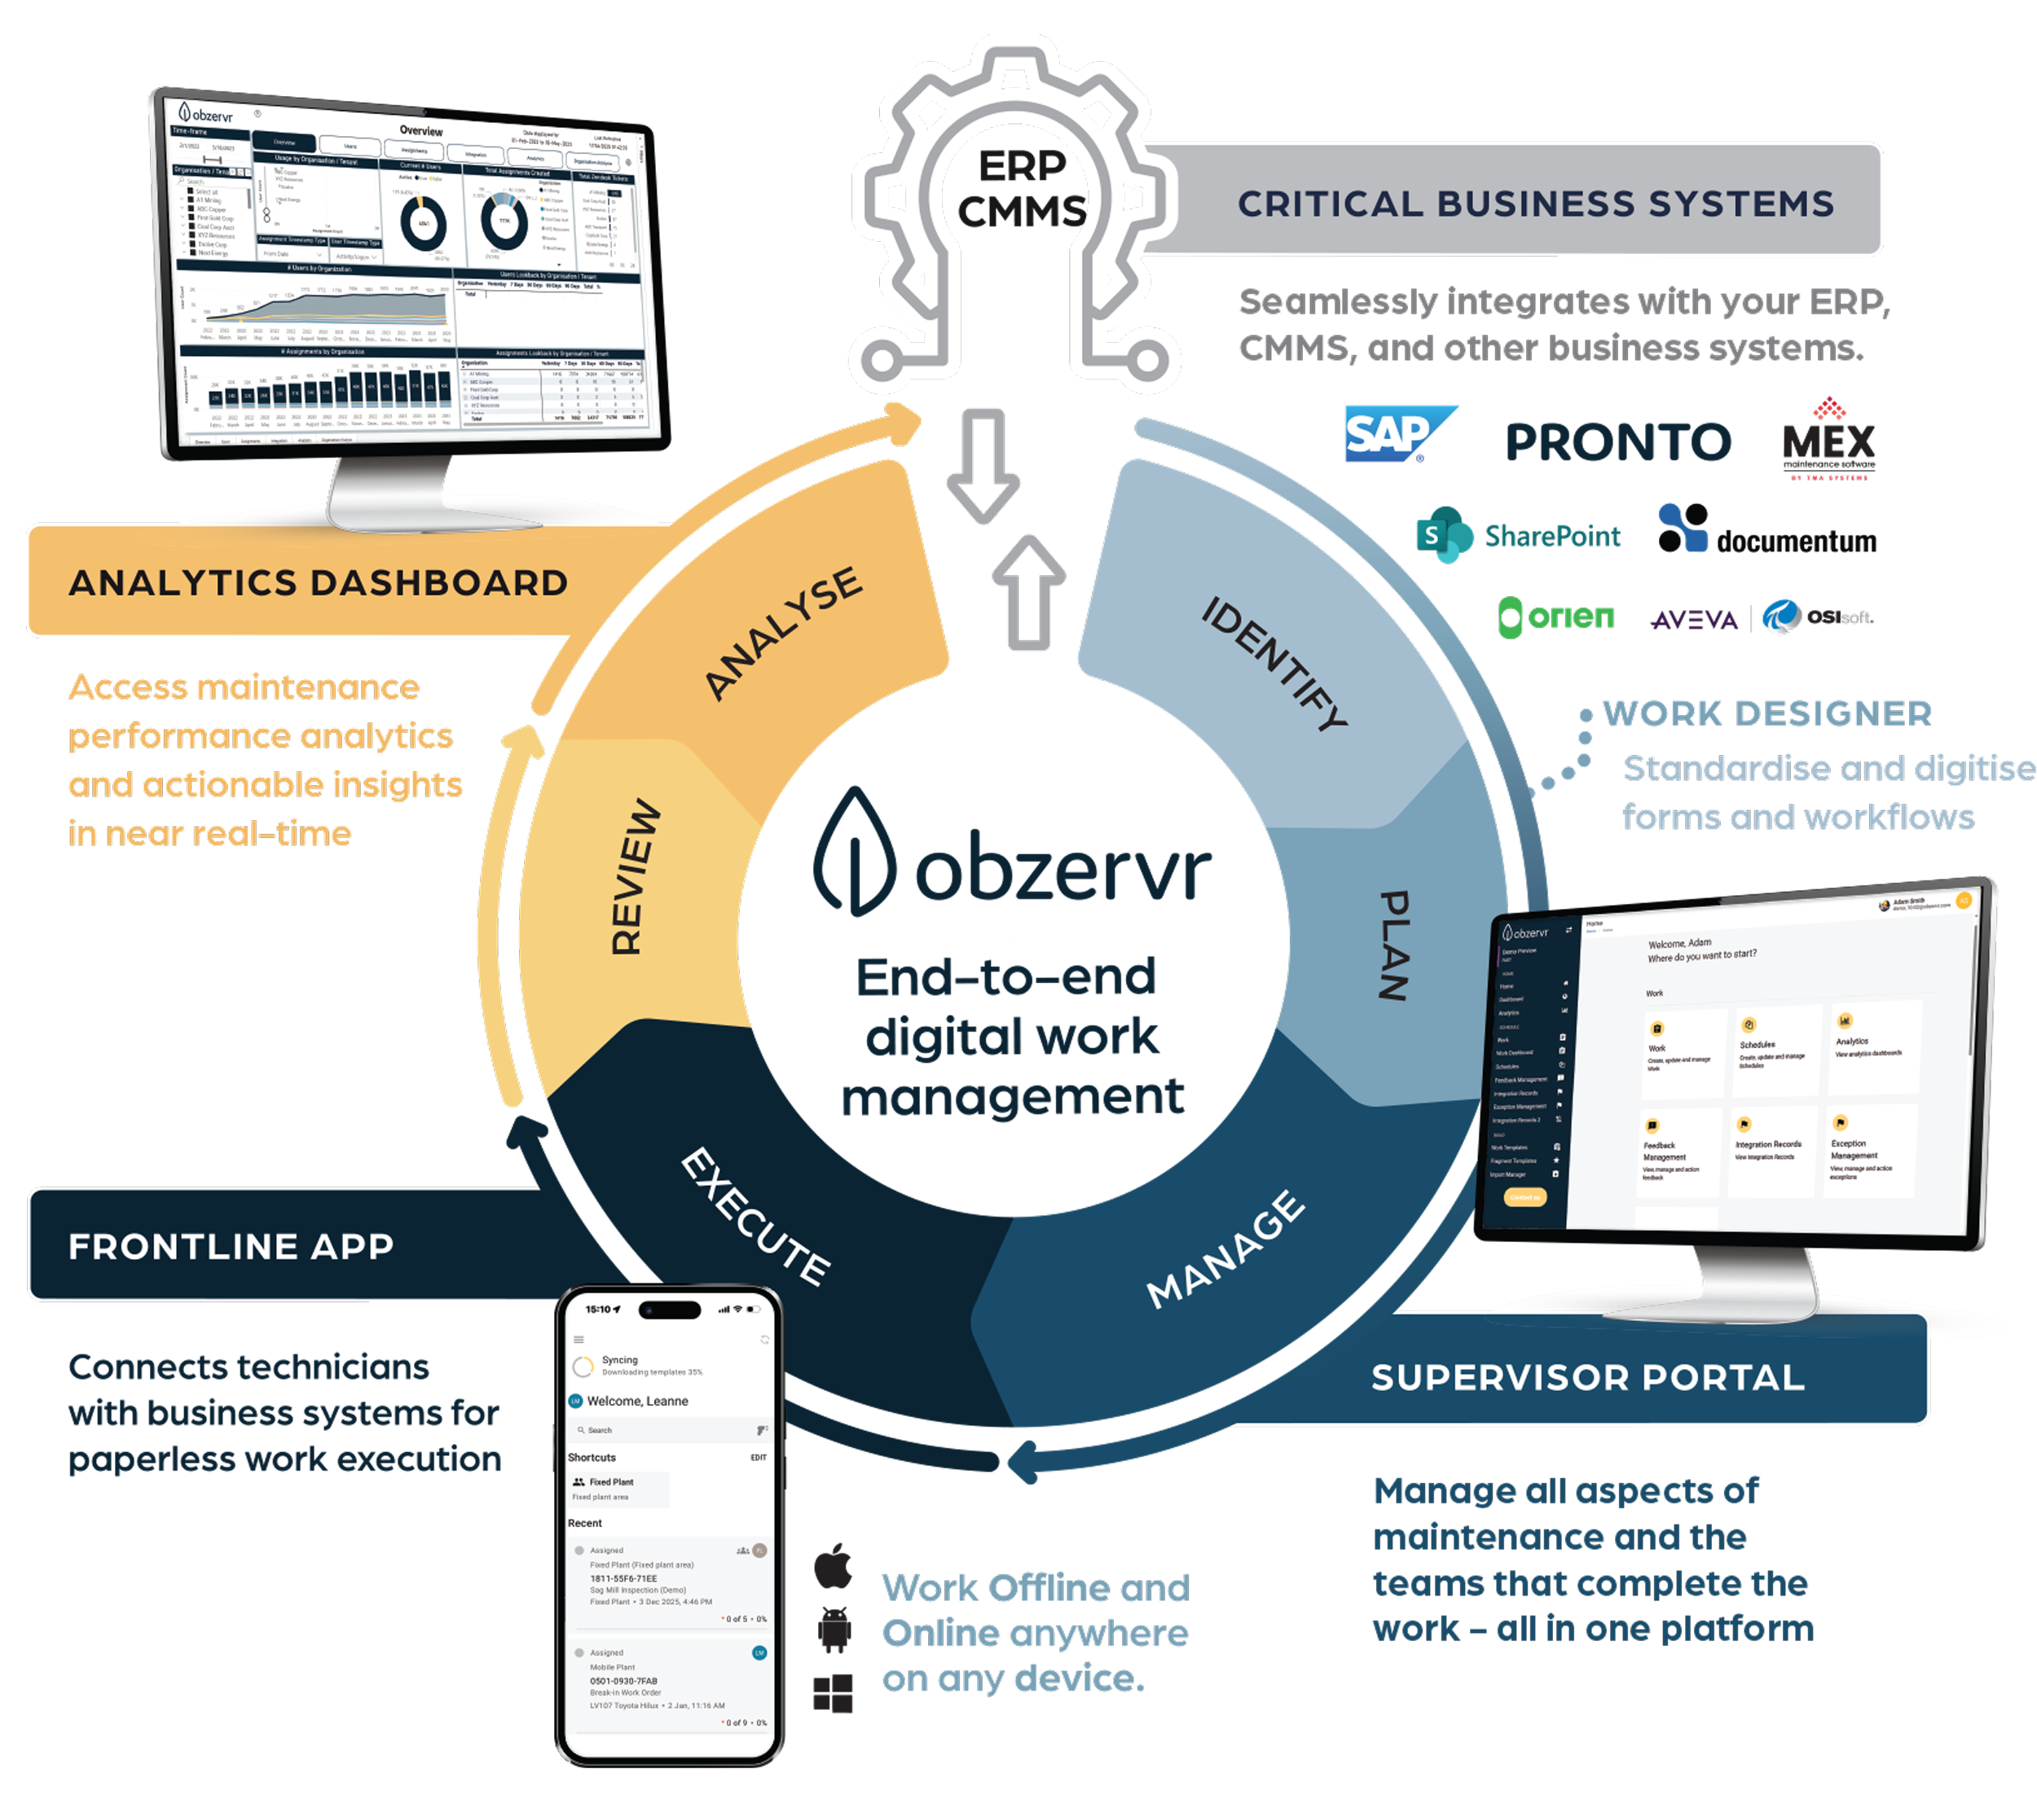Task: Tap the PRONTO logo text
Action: pos(1617,442)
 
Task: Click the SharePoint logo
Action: pos(1518,536)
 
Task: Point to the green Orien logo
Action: pos(1555,617)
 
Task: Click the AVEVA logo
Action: pos(1695,620)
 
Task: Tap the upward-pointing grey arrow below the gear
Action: pos(1028,593)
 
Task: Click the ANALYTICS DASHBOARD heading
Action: pos(319,583)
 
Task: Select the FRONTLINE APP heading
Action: pos(231,1246)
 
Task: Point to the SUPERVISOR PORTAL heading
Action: pos(1588,1378)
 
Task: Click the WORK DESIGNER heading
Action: pos(1767,713)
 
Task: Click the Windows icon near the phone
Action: pos(834,1694)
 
